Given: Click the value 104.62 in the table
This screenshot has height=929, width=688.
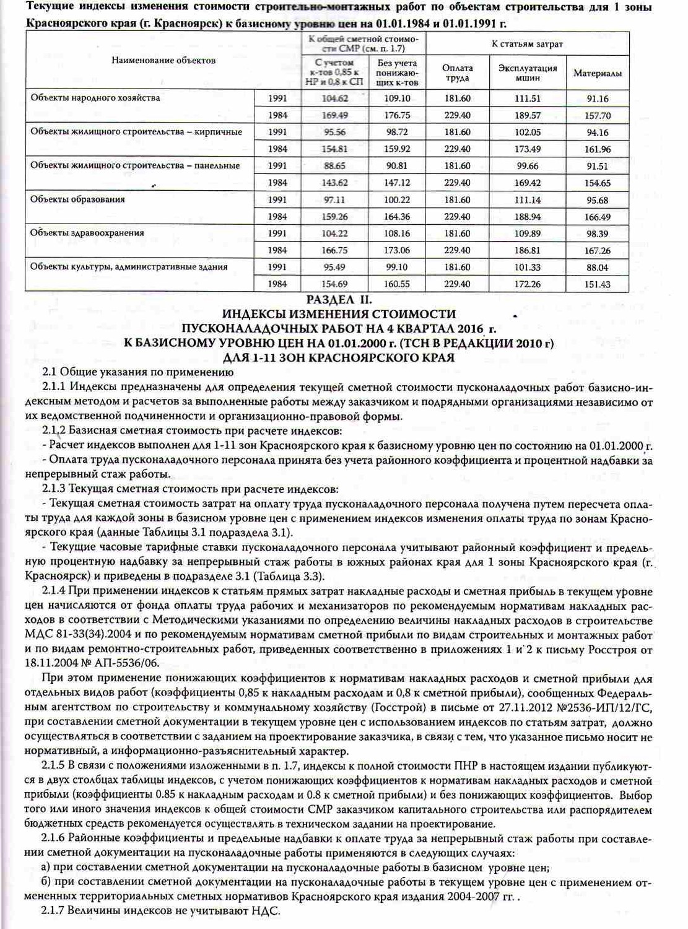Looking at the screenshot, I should pyautogui.click(x=335, y=98).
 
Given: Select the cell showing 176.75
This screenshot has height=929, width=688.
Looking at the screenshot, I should pyautogui.click(x=397, y=115).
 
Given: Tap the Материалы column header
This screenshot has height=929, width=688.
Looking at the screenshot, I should pyautogui.click(x=597, y=74).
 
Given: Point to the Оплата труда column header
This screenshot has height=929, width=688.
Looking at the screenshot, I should pyautogui.click(x=457, y=73).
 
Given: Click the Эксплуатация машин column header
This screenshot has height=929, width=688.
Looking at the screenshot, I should pyautogui.click(x=528, y=73).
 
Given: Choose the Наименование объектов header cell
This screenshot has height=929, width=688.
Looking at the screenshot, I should pyautogui.click(x=163, y=60).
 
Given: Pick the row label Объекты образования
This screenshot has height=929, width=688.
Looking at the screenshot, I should pyautogui.click(x=78, y=199).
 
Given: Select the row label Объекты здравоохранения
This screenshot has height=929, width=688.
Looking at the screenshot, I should pyautogui.click(x=87, y=233).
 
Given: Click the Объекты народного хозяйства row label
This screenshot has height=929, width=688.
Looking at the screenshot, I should pyautogui.click(x=95, y=98).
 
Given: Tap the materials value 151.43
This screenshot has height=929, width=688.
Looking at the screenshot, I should pyautogui.click(x=597, y=284).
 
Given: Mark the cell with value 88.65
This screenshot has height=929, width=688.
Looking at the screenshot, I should pyautogui.click(x=335, y=166).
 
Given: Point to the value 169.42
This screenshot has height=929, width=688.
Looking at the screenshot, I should pyautogui.click(x=528, y=183).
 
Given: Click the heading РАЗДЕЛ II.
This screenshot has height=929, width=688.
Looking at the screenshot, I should pyautogui.click(x=339, y=300).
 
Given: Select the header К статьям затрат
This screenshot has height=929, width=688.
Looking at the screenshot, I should pyautogui.click(x=527, y=44).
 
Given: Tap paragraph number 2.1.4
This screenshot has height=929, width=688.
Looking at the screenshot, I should pyautogui.click(x=53, y=591).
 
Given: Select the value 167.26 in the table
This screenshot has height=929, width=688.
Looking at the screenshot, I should pyautogui.click(x=597, y=251).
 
